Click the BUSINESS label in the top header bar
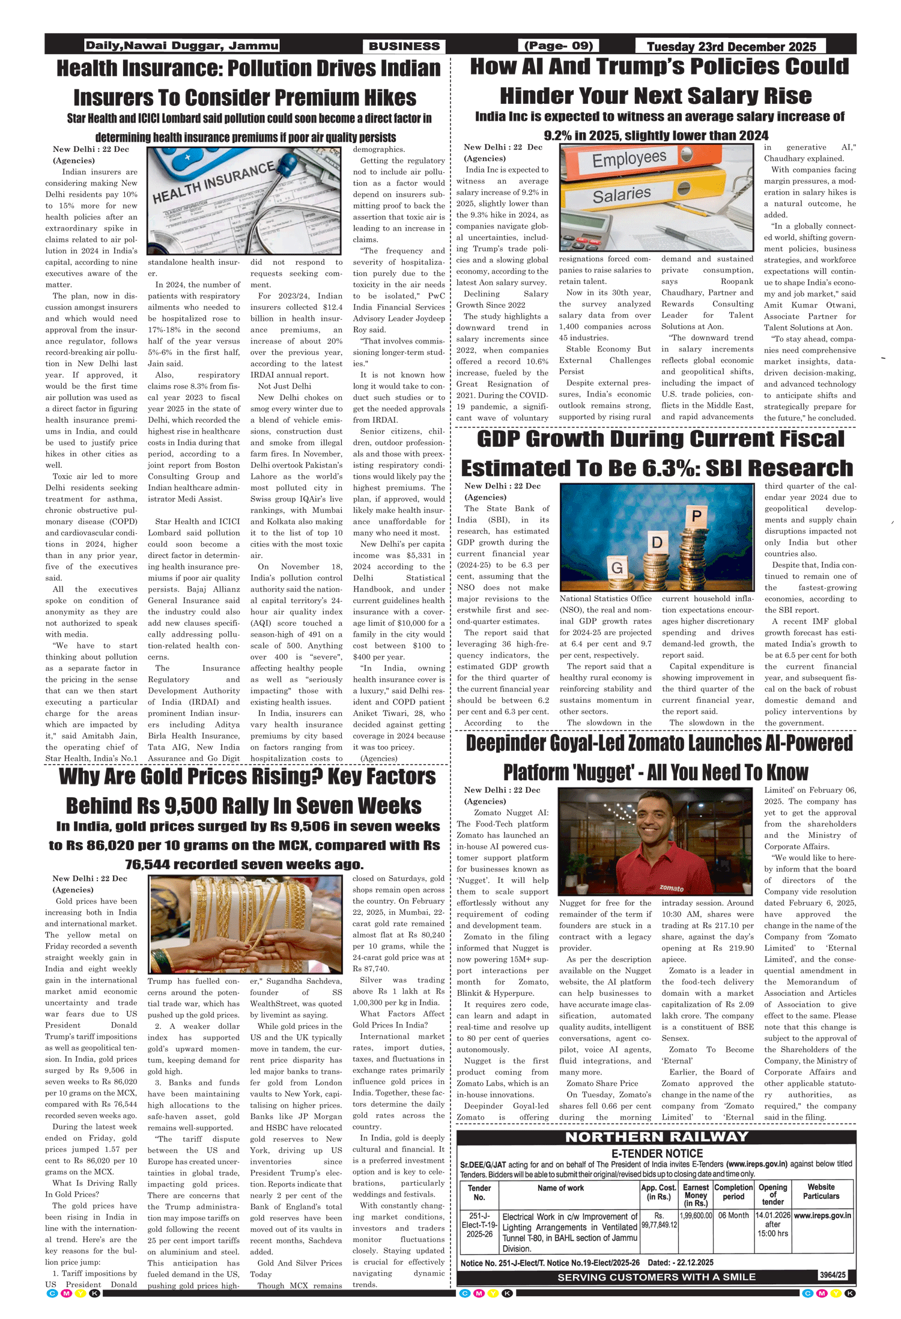(404, 46)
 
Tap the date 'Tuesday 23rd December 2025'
(731, 46)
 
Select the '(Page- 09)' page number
(559, 46)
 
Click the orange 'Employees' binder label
(629, 159)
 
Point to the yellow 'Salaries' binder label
(622, 195)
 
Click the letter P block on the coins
(696, 516)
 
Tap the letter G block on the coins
(616, 568)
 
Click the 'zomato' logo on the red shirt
(671, 888)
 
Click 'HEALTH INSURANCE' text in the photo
(213, 183)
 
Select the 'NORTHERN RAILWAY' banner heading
(657, 1137)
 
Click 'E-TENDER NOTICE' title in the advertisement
(657, 1154)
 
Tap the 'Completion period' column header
(733, 1192)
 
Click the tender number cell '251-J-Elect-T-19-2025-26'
(479, 1225)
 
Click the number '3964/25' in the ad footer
(832, 1275)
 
